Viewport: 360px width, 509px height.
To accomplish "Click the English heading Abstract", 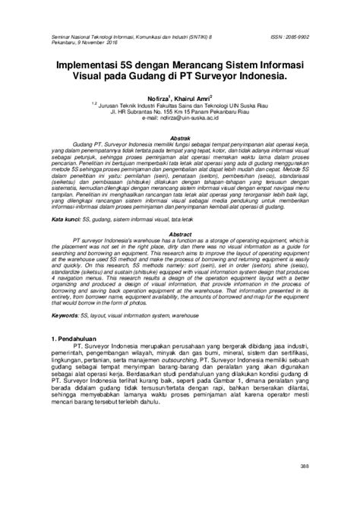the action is (x=178, y=214).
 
